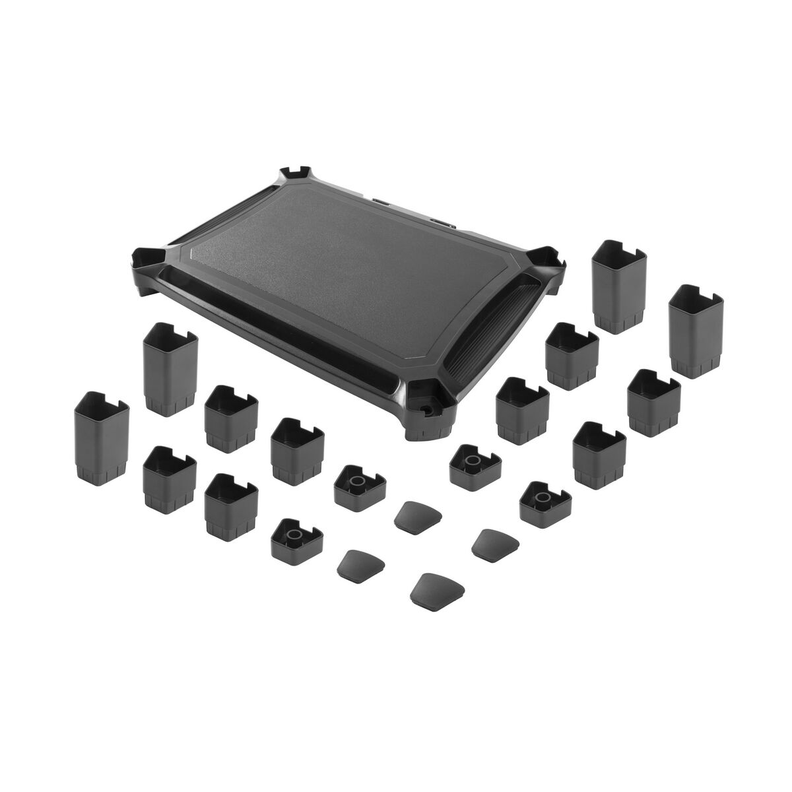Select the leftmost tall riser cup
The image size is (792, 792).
click(101, 436)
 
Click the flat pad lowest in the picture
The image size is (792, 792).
click(437, 587)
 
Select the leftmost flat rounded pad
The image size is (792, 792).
click(360, 564)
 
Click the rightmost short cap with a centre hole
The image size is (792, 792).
click(544, 502)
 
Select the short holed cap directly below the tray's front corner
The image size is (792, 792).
click(473, 463)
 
